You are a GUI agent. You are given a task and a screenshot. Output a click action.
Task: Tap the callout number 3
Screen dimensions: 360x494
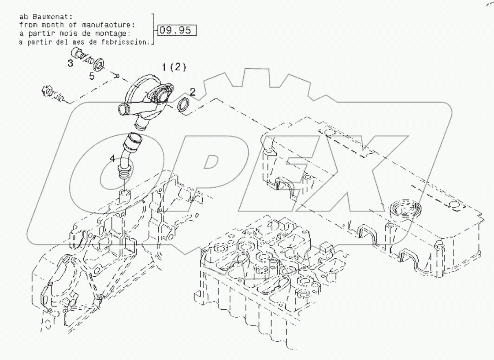(x=71, y=63)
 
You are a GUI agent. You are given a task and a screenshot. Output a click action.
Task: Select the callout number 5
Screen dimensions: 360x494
(x=92, y=76)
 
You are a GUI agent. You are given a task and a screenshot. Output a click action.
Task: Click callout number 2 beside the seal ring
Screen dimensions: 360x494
(x=192, y=91)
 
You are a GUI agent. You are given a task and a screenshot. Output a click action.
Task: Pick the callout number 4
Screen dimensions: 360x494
(x=113, y=157)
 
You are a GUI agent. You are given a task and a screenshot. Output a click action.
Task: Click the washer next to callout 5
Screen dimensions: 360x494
(x=99, y=65)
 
